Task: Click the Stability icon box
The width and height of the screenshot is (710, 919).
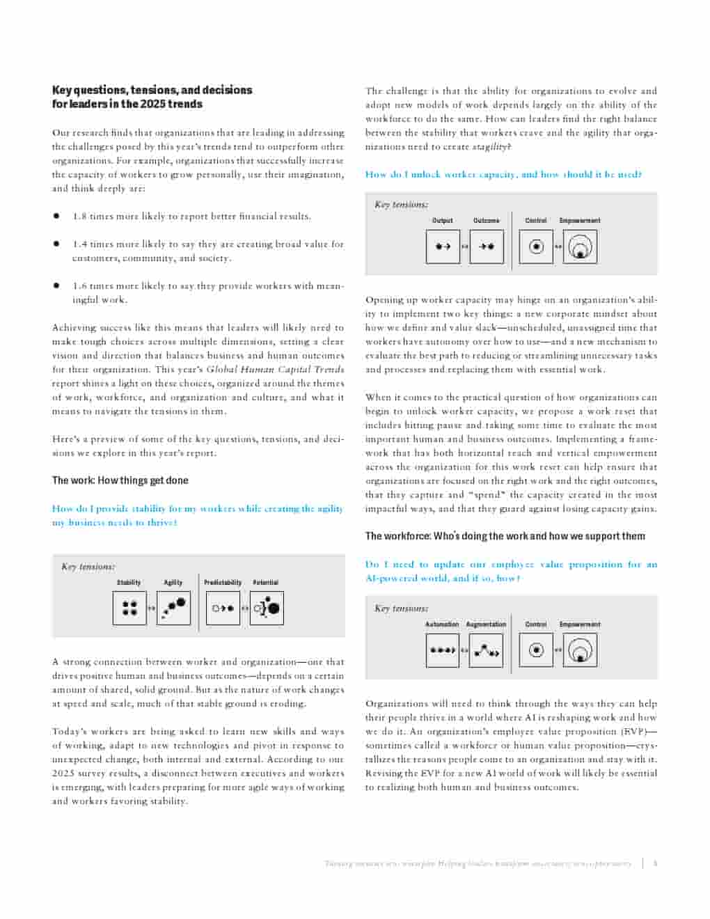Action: [129, 608]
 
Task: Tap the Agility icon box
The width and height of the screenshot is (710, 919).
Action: [174, 608]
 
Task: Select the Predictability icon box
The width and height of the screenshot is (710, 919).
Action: [223, 608]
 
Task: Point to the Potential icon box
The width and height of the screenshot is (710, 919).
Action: [267, 608]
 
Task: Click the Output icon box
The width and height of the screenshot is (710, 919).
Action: [443, 246]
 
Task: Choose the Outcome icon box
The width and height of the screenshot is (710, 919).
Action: [487, 246]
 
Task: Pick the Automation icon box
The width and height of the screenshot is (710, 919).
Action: [442, 650]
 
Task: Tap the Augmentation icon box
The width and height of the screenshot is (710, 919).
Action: [486, 650]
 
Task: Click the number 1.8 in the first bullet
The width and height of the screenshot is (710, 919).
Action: [79, 217]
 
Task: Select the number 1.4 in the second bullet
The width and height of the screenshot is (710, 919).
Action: [79, 244]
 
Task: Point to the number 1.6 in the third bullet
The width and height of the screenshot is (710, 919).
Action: [79, 286]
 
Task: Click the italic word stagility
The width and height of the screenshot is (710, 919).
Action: [490, 147]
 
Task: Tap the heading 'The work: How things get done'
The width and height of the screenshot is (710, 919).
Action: [120, 480]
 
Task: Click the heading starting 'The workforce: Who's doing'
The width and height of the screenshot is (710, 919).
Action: [505, 536]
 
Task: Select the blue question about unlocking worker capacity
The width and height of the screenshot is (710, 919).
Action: [503, 175]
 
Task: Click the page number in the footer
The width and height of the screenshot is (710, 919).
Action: [655, 863]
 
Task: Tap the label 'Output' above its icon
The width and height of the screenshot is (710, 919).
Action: [442, 221]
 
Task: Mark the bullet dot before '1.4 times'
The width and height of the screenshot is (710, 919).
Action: [56, 244]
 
